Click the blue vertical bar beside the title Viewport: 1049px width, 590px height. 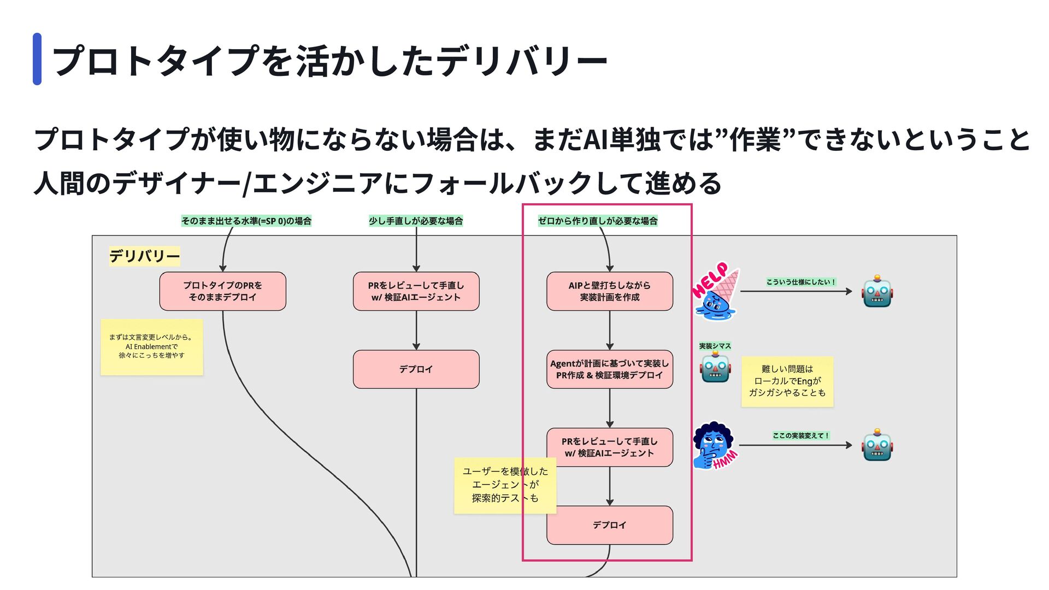point(37,59)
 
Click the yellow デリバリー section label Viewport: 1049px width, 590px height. point(144,256)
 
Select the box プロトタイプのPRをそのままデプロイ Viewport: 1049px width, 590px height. point(222,291)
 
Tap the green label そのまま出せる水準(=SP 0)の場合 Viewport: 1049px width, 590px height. point(246,221)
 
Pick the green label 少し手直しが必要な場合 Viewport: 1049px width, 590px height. point(416,221)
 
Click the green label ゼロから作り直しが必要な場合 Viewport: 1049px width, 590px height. point(598,221)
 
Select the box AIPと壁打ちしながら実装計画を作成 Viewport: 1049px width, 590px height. point(610,291)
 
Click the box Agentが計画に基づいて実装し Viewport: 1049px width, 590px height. point(610,369)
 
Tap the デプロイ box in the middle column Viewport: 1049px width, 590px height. point(416,369)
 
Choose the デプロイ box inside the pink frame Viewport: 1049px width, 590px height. point(610,525)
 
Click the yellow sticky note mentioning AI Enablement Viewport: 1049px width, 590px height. point(152,347)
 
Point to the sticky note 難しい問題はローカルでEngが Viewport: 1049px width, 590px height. point(787,381)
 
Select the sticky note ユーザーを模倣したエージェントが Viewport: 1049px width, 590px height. point(505,485)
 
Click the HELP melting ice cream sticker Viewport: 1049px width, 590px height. point(715,291)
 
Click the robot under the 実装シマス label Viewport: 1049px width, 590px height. point(715,367)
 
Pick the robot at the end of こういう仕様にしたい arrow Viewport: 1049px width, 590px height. point(877,291)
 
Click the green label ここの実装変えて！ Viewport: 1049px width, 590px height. point(801,435)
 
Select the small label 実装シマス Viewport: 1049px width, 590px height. point(715,346)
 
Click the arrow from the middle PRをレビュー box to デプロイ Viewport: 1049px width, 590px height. point(416,331)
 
